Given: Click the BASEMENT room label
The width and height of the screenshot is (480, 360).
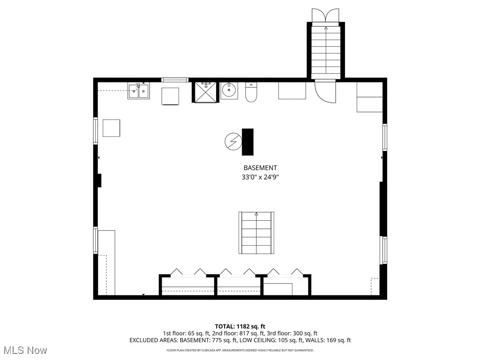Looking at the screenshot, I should click(260, 168).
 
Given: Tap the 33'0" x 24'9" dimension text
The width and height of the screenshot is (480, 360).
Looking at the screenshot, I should click(260, 177).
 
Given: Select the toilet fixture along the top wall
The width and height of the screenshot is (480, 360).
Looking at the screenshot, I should click(251, 92).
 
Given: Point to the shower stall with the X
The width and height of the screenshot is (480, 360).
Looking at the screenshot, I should click(206, 92).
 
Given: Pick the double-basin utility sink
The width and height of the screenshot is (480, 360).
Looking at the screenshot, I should click(139, 91).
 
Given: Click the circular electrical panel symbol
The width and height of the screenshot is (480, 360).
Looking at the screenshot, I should click(232, 141).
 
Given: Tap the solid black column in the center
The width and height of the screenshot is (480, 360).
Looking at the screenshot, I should click(247, 142).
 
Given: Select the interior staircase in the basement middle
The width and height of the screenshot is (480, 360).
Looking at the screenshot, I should click(256, 233).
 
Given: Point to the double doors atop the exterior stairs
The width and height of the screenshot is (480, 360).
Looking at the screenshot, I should click(326, 15).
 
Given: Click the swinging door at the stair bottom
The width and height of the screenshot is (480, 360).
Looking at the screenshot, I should click(326, 91).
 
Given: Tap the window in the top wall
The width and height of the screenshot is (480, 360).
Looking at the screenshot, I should click(175, 80).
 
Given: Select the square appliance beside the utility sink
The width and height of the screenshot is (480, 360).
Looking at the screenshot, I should click(170, 96).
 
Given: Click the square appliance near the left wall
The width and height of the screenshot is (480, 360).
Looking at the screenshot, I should click(111, 128).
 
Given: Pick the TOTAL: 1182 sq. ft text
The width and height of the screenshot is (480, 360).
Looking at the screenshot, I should click(240, 326).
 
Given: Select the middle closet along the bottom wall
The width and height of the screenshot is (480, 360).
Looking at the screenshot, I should click(239, 285).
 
